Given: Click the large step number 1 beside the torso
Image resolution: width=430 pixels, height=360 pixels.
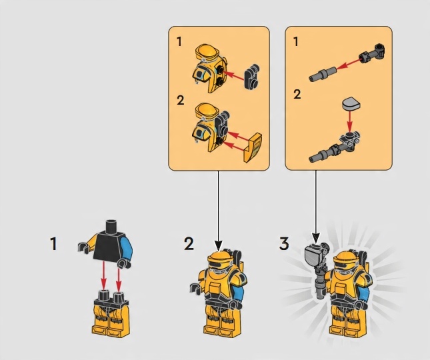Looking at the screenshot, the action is click(54, 244).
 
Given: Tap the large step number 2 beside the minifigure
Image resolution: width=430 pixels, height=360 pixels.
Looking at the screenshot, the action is click(189, 244).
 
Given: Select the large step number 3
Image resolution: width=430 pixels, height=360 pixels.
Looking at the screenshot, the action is click(284, 244).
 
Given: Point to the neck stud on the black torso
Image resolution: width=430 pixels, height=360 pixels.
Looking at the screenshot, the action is click(112, 225).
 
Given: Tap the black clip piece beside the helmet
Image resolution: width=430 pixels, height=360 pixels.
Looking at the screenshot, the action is click(252, 77).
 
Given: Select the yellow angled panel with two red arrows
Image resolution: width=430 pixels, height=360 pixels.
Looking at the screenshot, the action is click(253, 147).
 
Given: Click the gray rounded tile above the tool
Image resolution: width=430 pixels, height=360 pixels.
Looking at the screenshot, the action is click(351, 104).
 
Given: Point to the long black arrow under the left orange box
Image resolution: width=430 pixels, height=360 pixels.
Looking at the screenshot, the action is click(218, 210).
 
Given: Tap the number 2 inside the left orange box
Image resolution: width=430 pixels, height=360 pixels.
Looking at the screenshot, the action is click(181, 101).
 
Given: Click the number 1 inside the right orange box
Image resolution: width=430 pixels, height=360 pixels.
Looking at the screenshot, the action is click(296, 42).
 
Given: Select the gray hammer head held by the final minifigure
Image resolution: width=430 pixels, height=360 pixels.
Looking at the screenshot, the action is click(313, 254).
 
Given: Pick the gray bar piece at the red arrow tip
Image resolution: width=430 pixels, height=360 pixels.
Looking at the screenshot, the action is click(323, 74).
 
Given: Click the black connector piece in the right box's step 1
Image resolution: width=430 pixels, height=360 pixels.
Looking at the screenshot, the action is click(372, 53).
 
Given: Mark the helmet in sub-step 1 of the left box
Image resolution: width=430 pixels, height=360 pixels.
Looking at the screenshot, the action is click(209, 68).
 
